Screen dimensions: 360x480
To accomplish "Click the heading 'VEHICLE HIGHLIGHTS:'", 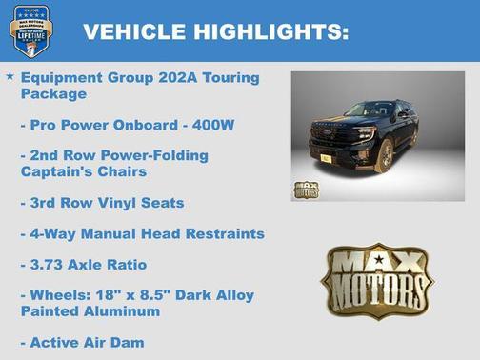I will pos(215,31).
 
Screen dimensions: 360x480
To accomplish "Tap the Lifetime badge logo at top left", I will pos(30,30).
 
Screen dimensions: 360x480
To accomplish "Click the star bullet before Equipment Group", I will pos(10,75).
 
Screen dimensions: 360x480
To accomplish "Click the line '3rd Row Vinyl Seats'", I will pos(102,203).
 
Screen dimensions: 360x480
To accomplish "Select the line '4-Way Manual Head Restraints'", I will pos(142,233).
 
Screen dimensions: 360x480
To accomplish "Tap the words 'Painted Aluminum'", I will pos(90,310).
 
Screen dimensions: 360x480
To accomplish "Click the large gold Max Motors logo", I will pos(376,279).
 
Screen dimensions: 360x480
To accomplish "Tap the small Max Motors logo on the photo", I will pos(306,189).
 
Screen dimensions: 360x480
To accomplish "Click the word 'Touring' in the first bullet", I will pos(230,77).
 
